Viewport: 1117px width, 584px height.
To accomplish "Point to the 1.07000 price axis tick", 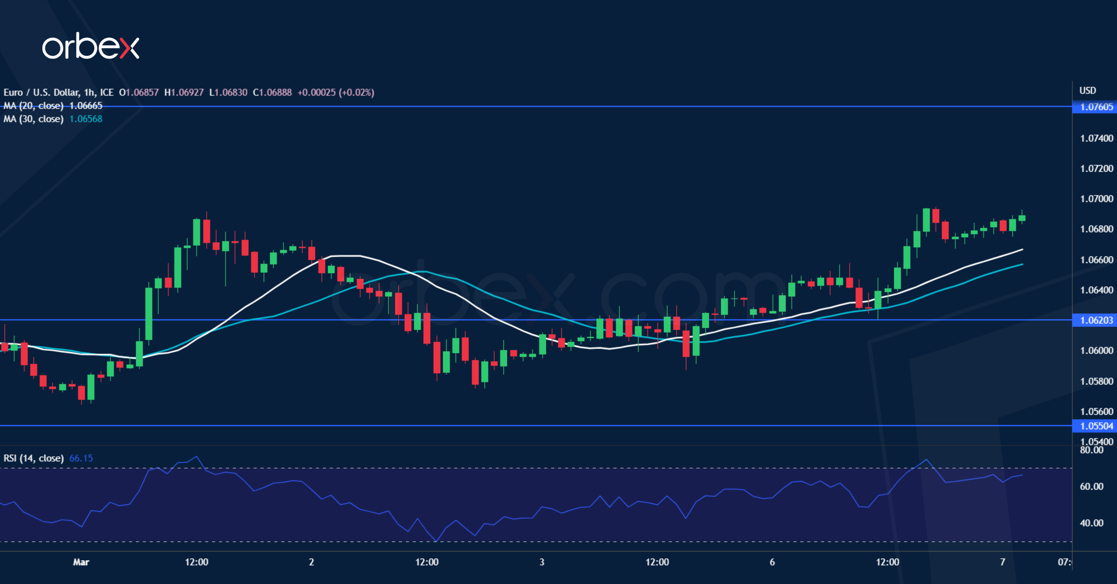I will tap(1096, 199).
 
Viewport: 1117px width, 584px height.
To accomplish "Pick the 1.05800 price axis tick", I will tap(1096, 381).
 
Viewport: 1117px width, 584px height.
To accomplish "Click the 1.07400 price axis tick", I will tap(1096, 138).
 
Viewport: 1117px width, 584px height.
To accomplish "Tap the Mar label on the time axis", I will tap(81, 562).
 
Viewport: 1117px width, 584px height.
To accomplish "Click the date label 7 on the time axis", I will tap(1002, 562).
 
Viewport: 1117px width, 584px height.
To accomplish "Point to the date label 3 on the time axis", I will tap(542, 562).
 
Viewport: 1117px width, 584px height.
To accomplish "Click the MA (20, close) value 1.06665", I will tap(86, 106).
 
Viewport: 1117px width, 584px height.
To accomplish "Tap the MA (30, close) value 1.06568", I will tap(86, 119).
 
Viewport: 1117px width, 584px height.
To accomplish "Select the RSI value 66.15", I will tap(81, 458).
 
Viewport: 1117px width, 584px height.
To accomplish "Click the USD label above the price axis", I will tap(1088, 90).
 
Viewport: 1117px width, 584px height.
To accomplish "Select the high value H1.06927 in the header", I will tap(184, 92).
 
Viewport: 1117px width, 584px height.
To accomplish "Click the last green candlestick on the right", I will tap(1022, 218).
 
